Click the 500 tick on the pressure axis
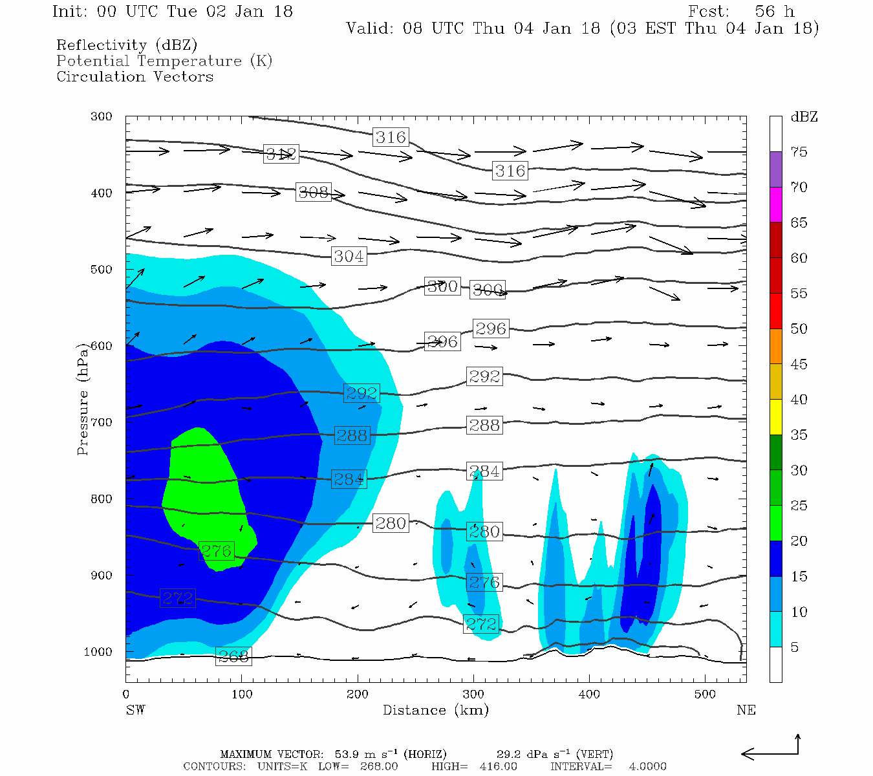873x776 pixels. click(102, 270)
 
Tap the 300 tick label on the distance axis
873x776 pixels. click(473, 695)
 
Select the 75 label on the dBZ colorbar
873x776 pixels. click(799, 152)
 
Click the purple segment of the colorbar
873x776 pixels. click(775, 169)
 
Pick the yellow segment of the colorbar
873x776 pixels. click(775, 417)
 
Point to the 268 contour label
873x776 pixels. click(233, 657)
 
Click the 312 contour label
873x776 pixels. click(281, 155)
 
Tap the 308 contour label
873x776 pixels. click(314, 192)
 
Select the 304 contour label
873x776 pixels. click(349, 256)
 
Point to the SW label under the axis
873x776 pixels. click(135, 710)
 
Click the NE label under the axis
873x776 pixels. click(746, 710)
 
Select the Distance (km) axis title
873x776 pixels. click(435, 710)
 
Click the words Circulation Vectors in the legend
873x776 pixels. click(135, 76)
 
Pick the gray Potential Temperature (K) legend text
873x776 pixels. click(164, 61)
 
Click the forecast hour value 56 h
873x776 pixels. click(774, 12)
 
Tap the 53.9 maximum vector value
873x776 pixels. click(347, 754)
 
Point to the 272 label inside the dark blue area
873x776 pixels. click(178, 598)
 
